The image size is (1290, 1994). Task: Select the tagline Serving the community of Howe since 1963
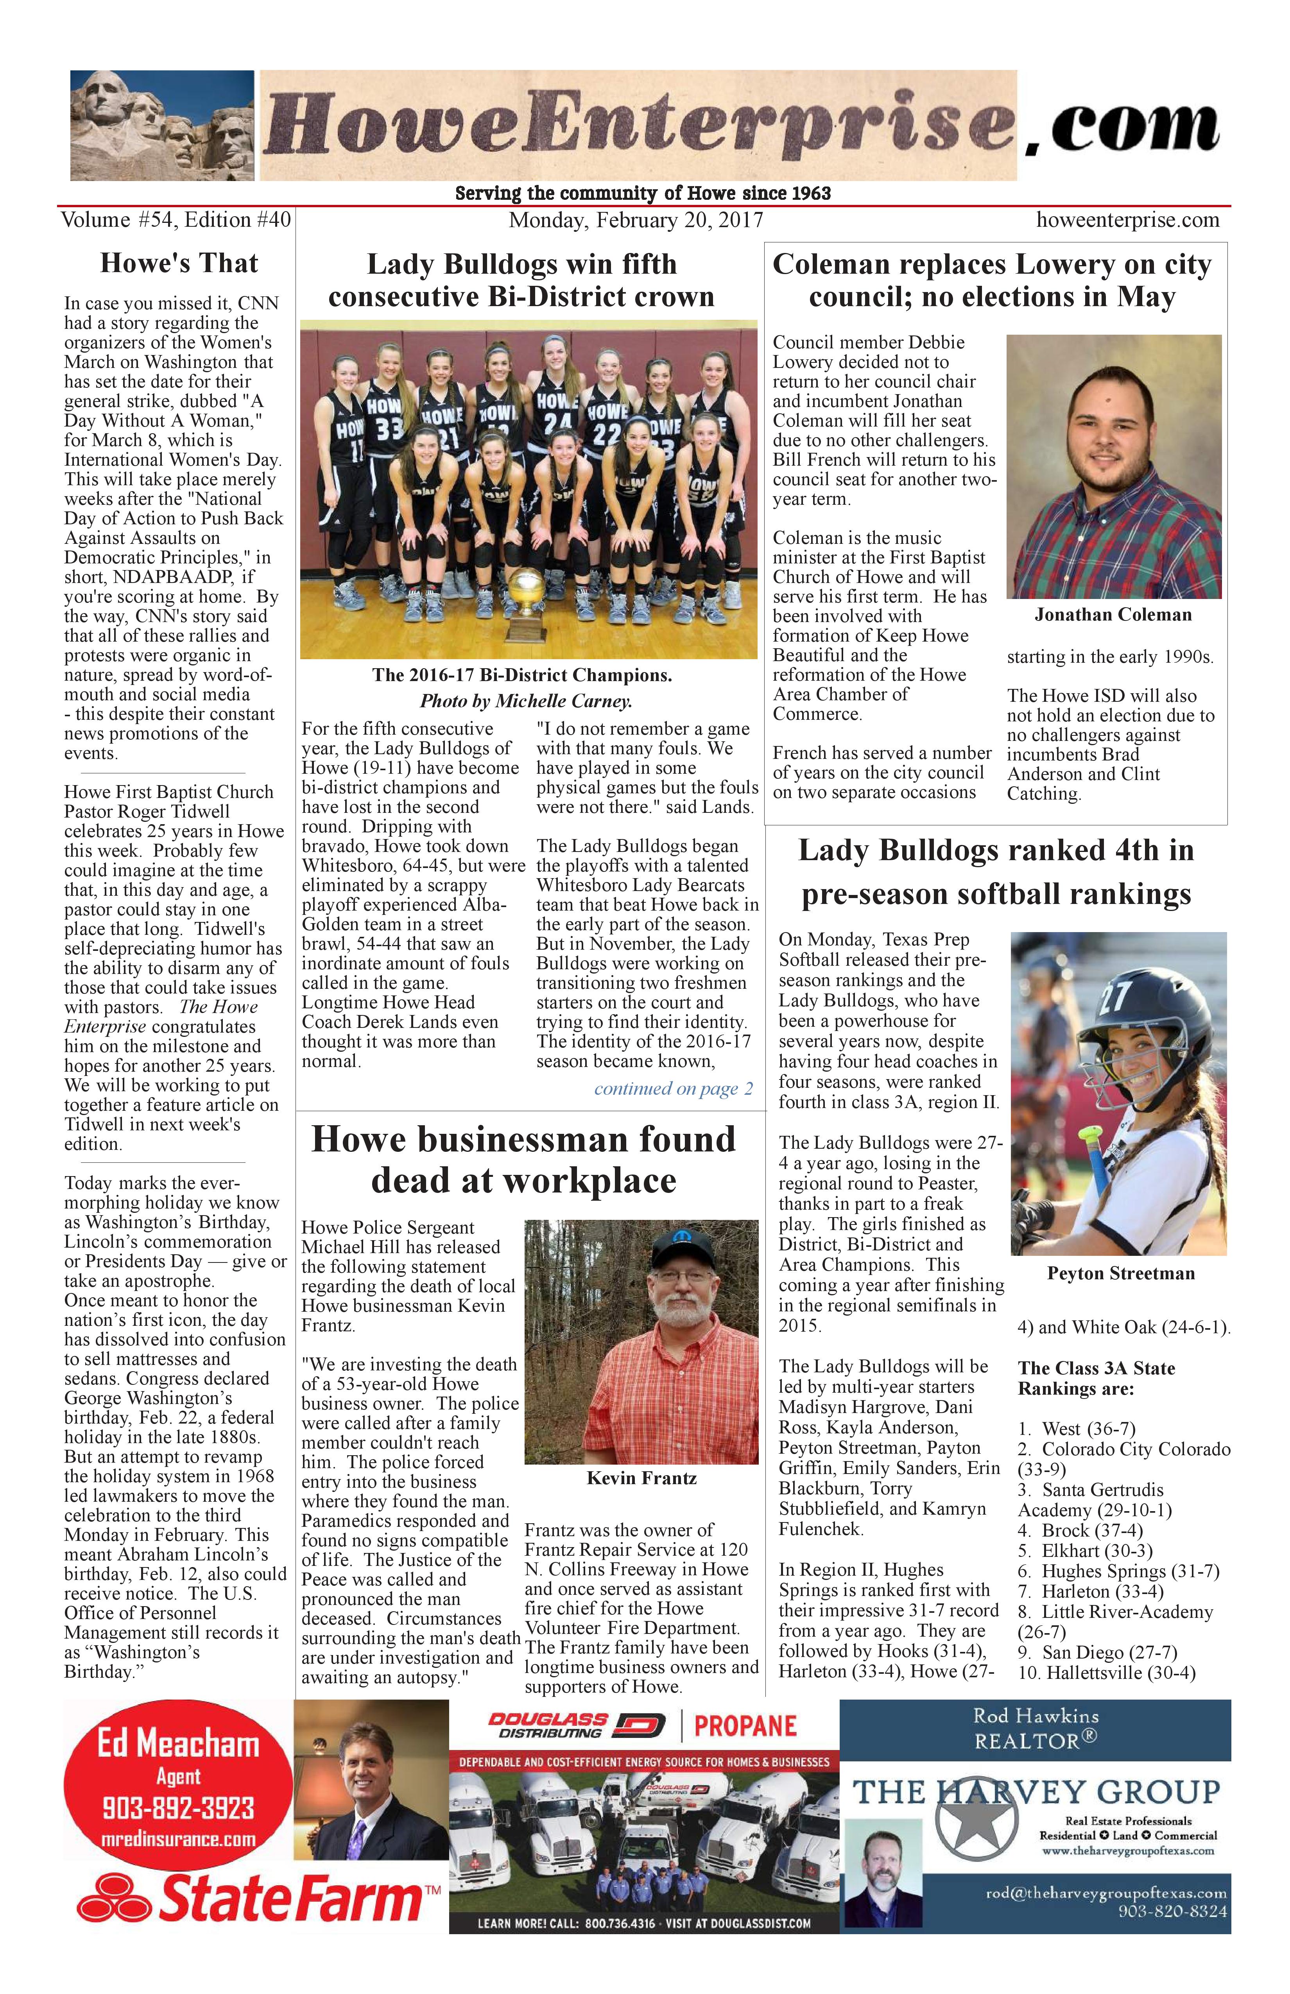click(643, 194)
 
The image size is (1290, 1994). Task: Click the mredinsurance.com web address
click(177, 1840)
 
